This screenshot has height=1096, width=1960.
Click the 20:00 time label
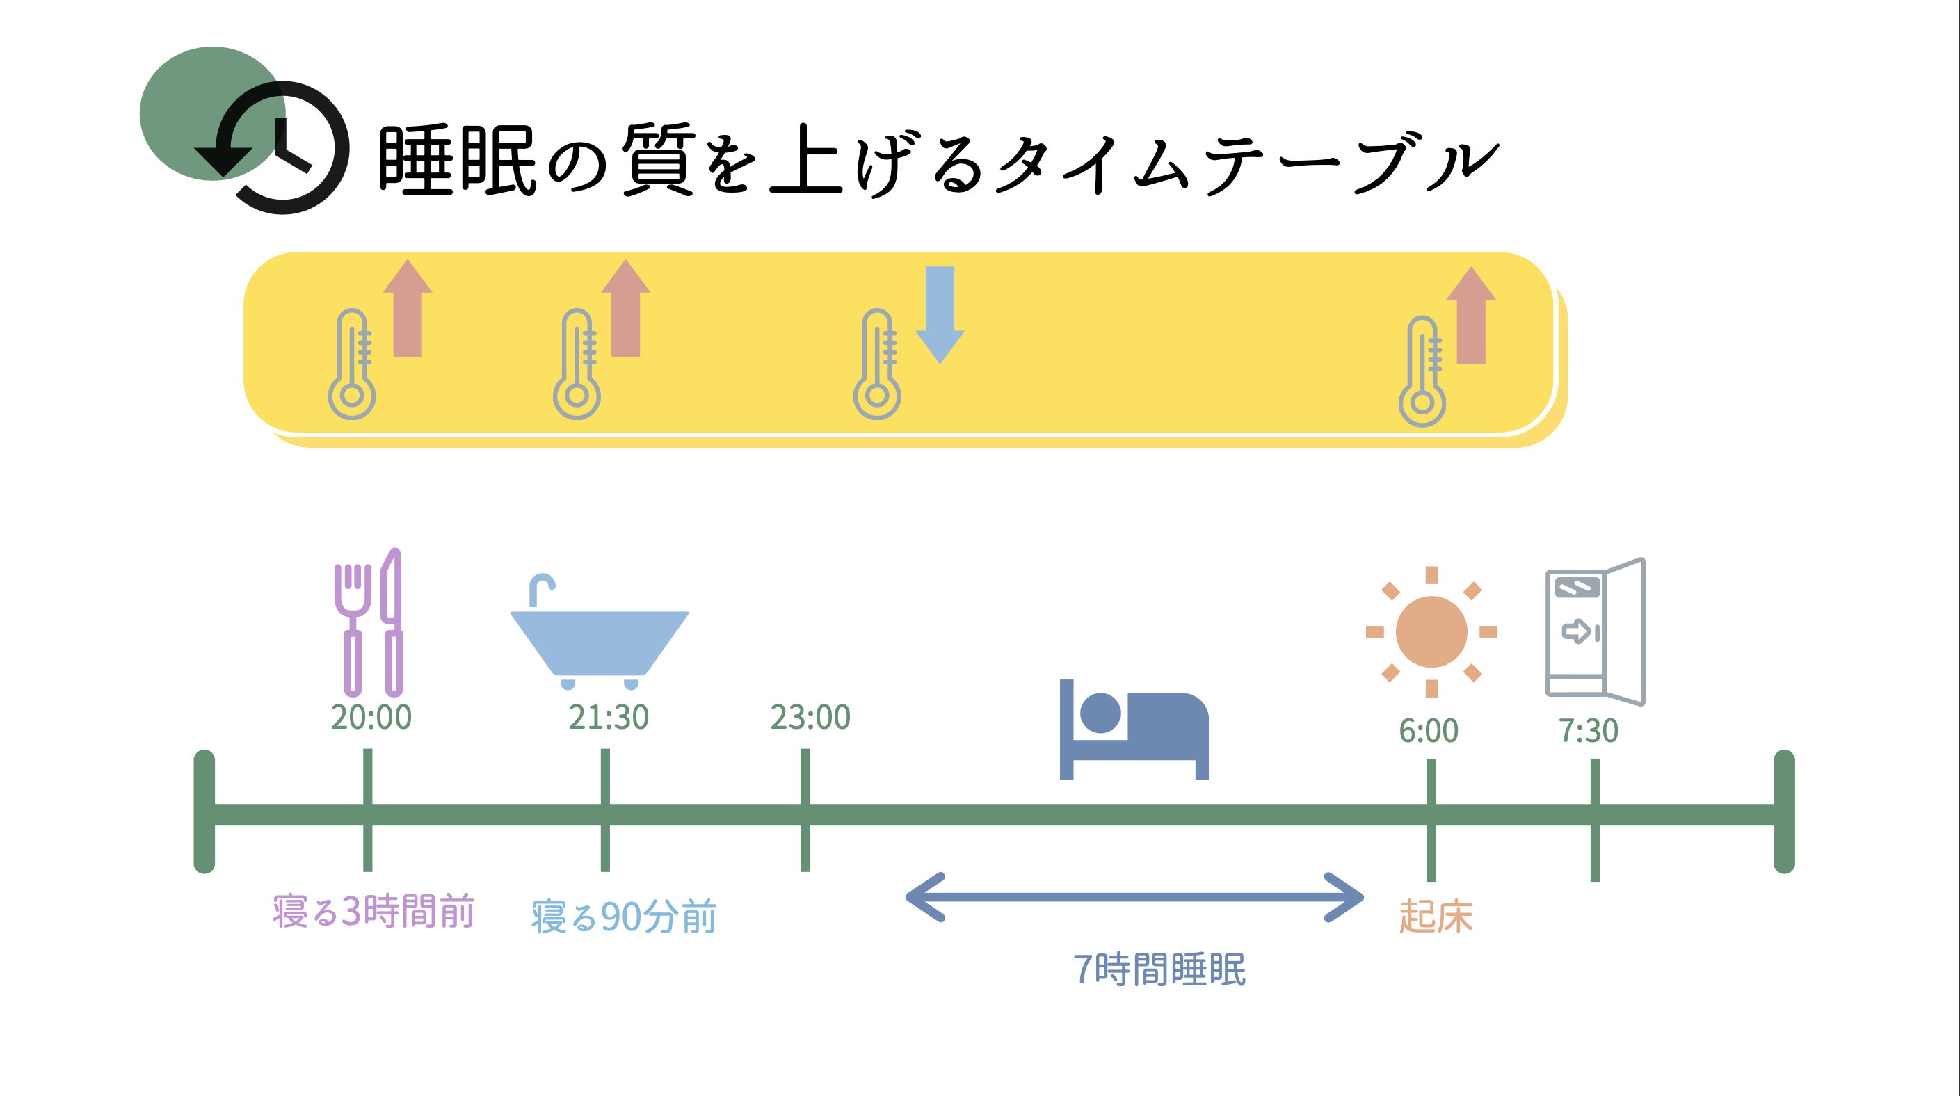click(x=371, y=717)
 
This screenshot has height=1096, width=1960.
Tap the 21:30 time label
click(x=608, y=717)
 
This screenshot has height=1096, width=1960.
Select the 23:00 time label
click(x=810, y=717)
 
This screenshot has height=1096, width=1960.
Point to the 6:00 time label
click(x=1428, y=731)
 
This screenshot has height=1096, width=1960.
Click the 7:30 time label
click(x=1588, y=731)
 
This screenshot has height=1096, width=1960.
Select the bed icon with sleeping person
click(x=1134, y=730)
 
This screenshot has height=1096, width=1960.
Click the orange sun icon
click(x=1431, y=632)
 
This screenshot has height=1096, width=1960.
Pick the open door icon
click(x=1596, y=631)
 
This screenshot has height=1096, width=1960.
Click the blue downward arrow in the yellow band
click(x=940, y=314)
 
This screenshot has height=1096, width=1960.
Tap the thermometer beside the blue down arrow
click(x=877, y=365)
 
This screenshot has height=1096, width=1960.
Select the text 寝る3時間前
click(x=373, y=911)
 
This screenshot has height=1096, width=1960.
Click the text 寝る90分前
click(x=624, y=917)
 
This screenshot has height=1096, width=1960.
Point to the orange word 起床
click(x=1436, y=917)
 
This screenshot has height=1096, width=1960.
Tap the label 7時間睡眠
click(x=1159, y=969)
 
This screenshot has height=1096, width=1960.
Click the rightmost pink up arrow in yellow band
click(x=1471, y=316)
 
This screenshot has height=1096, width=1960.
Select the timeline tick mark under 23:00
click(x=805, y=810)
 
